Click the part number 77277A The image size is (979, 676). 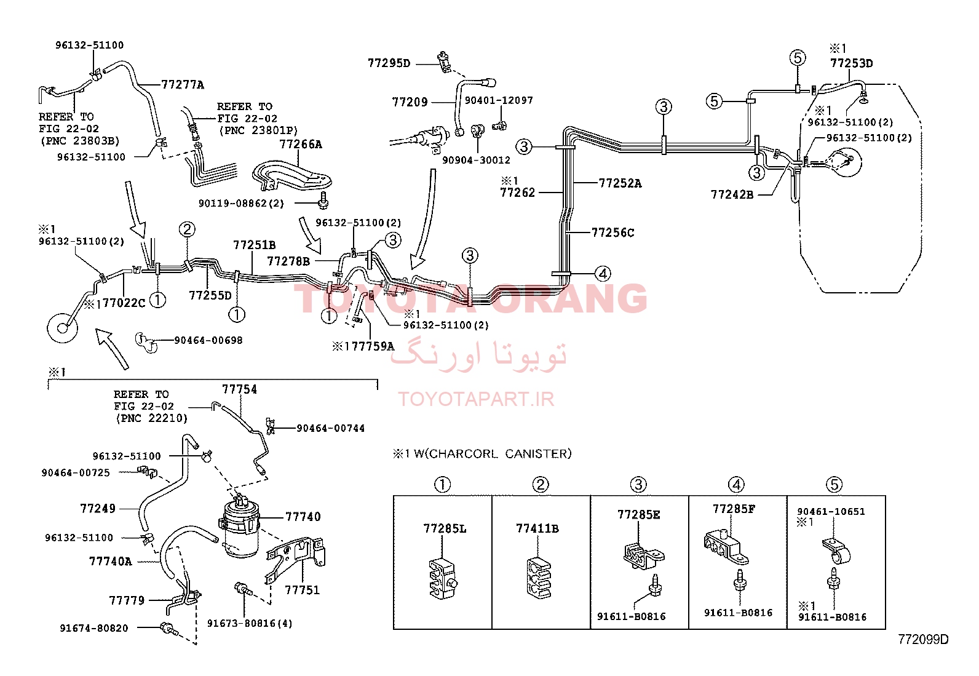pos(182,84)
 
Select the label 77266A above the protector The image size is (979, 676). pos(301,145)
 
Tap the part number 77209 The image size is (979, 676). pos(410,102)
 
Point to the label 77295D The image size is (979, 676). pos(389,63)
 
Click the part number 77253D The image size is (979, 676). pos(851,63)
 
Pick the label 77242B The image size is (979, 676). pos(732,194)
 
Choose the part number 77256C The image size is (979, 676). pos(612,233)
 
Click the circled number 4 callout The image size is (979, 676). pos(603,274)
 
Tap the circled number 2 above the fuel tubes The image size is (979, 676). pos(186,229)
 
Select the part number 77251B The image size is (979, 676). pos(255,245)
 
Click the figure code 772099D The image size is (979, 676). pos(924,640)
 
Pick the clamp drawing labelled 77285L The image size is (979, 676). pos(442,577)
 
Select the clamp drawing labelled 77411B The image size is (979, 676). pos(539,577)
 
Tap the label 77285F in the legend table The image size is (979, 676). pos(734,509)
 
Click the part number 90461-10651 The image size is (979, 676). pos(831,512)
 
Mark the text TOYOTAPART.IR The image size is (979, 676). pos(476,399)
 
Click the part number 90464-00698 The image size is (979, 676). pos(208,340)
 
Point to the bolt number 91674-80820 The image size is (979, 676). pos(94,629)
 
